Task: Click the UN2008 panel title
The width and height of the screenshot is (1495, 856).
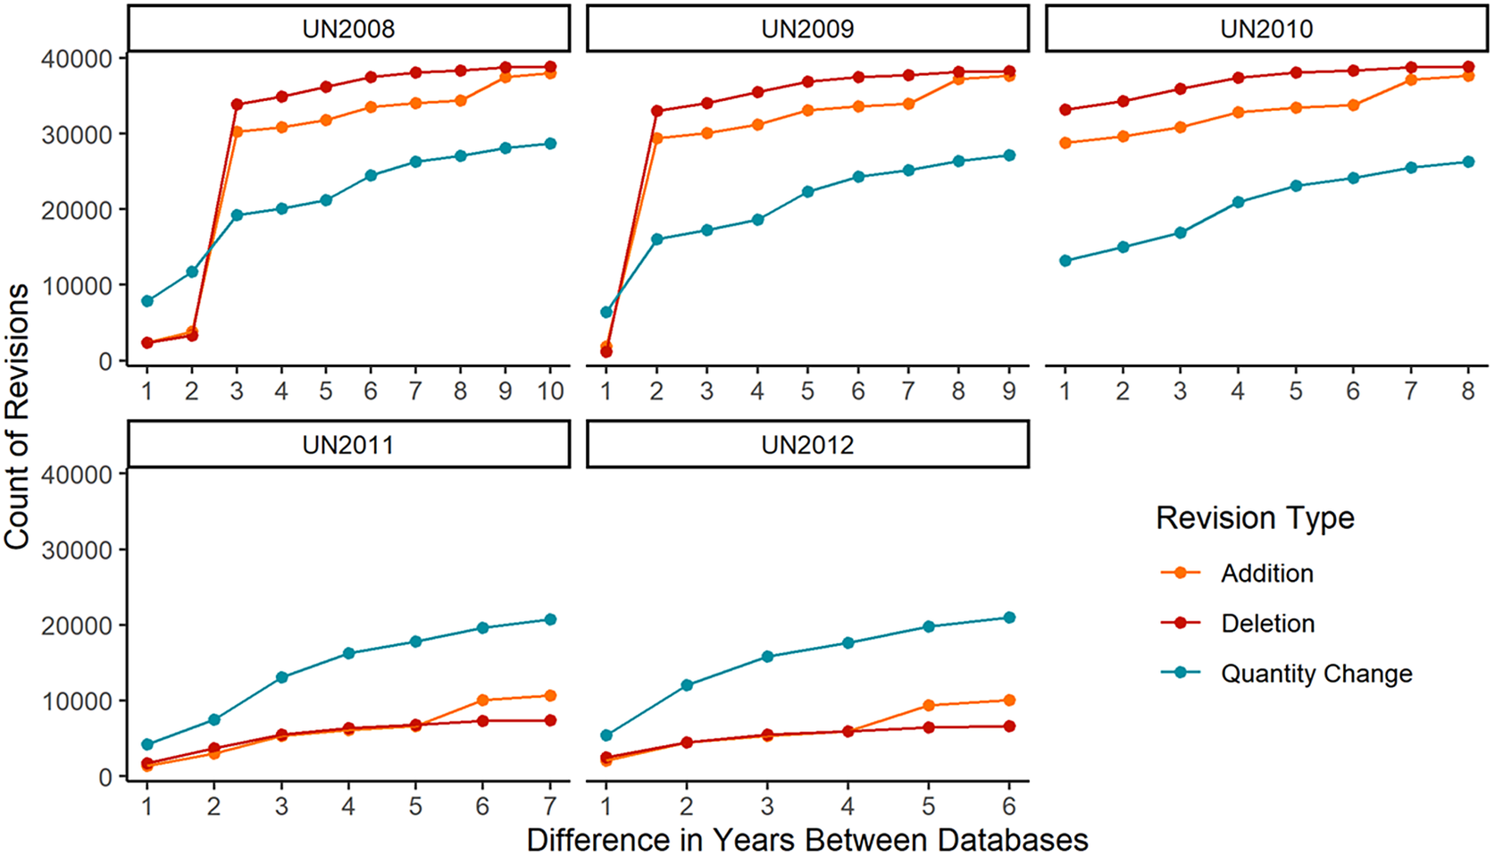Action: point(348,29)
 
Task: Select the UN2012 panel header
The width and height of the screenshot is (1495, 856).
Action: point(807,445)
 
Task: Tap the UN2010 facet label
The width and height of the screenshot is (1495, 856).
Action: point(1266,29)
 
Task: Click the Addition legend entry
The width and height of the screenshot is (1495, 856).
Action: point(1266,574)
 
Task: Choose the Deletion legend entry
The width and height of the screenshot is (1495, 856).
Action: point(1267,624)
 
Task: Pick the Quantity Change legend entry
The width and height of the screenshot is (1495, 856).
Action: point(1316,674)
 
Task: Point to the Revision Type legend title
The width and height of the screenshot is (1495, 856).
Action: point(1255,518)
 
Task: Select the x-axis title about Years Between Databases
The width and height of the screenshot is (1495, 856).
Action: point(807,840)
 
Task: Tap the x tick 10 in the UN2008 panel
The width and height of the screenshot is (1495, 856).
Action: point(550,390)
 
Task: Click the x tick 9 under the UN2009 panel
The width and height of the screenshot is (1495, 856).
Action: point(1009,390)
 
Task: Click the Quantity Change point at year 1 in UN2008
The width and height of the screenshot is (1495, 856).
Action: point(147,301)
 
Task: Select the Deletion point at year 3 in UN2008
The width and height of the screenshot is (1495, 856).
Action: point(237,105)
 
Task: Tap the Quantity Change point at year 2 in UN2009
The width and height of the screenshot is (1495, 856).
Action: point(656,239)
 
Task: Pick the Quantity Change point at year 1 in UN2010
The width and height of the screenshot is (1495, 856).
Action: point(1065,261)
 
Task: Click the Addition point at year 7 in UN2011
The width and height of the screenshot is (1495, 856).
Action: point(550,696)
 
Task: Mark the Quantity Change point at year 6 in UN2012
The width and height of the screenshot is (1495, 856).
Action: point(1009,617)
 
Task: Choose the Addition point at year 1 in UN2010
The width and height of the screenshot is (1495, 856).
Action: point(1065,143)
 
